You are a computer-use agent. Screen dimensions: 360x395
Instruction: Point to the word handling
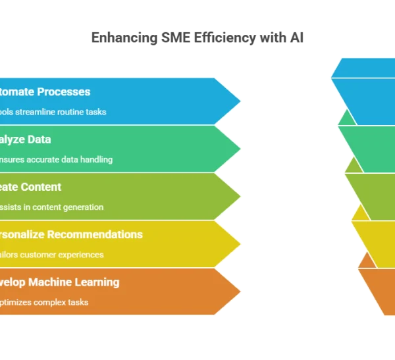click(x=96, y=159)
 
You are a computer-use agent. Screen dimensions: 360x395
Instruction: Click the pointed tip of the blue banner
click(x=240, y=101)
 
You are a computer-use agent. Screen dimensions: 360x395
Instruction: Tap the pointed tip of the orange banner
click(x=240, y=292)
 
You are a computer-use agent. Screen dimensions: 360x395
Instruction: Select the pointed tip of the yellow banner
click(x=240, y=244)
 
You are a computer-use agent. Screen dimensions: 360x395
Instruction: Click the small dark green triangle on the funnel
click(x=347, y=118)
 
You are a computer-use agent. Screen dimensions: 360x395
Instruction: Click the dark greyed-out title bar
click(x=197, y=39)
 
